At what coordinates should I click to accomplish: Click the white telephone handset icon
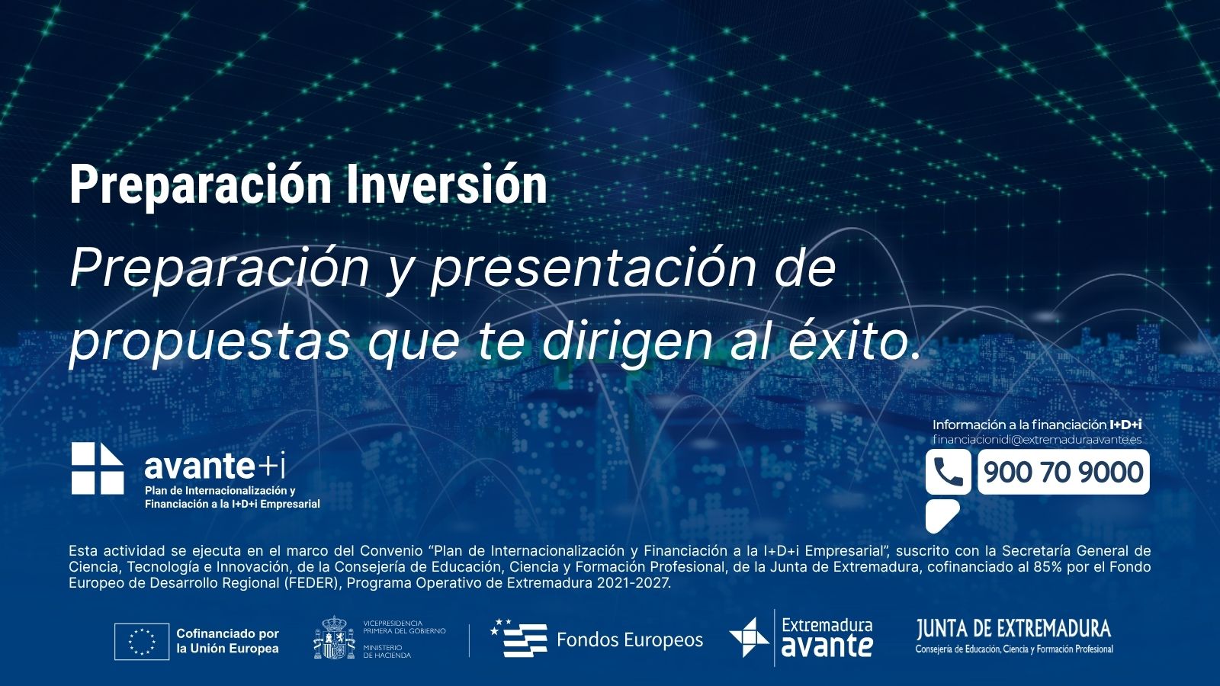pyautogui.click(x=948, y=472)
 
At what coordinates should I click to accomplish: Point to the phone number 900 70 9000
pyautogui.click(x=1063, y=472)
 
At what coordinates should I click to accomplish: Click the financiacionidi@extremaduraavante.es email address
pyautogui.click(x=1037, y=439)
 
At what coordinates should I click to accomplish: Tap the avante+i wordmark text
pyautogui.click(x=214, y=466)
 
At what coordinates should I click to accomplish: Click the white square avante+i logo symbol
pyautogui.click(x=98, y=468)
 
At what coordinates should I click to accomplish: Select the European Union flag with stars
pyautogui.click(x=142, y=641)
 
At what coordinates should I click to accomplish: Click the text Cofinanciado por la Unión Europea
pyautogui.click(x=228, y=641)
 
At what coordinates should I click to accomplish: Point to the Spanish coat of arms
pyautogui.click(x=334, y=637)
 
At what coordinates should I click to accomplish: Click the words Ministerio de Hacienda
pyautogui.click(x=387, y=651)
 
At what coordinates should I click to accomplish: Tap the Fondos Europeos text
pyautogui.click(x=630, y=640)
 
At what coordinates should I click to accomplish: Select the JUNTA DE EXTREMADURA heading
pyautogui.click(x=1013, y=629)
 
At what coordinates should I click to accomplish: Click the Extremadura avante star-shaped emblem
pyautogui.click(x=750, y=637)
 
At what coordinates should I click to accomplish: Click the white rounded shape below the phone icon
pyautogui.click(x=941, y=515)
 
